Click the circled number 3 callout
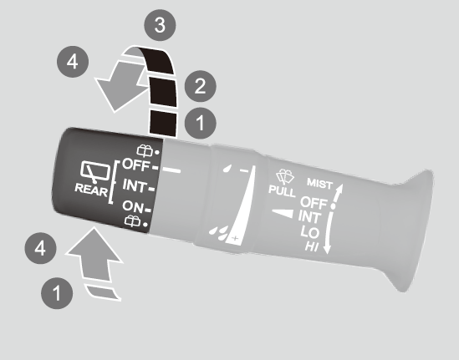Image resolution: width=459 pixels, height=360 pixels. pyautogui.click(x=160, y=25)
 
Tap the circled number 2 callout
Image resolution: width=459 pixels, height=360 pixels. pyautogui.click(x=200, y=86)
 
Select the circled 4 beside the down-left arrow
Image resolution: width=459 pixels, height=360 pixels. pyautogui.click(x=73, y=62)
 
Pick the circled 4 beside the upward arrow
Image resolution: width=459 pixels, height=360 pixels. pyautogui.click(x=40, y=248)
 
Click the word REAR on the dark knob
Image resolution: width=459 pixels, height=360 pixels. pyautogui.click(x=91, y=190)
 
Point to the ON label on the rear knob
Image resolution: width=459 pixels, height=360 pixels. pyautogui.click(x=133, y=206)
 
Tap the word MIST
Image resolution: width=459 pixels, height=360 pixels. pyautogui.click(x=320, y=184)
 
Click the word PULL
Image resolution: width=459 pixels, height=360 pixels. pyautogui.click(x=283, y=190)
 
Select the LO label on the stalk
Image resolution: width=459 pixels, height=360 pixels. pyautogui.click(x=309, y=232)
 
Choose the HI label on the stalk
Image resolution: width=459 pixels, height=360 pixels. pyautogui.click(x=312, y=246)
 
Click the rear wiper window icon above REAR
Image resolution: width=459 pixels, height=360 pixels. pyautogui.click(x=95, y=172)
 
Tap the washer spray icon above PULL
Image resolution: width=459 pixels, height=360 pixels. pyautogui.click(x=285, y=177)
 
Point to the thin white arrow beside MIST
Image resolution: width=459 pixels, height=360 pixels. pyautogui.click(x=338, y=193)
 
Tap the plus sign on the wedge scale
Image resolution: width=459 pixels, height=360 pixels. pyautogui.click(x=235, y=238)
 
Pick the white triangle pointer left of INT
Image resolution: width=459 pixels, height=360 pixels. pyautogui.click(x=283, y=213)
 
